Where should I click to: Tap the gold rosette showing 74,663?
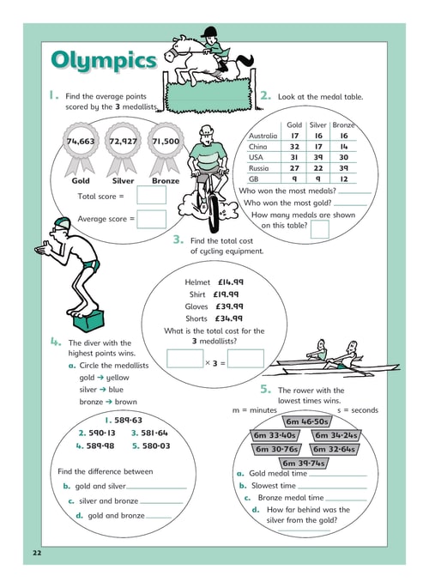(x=81, y=149)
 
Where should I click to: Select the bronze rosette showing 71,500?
(x=166, y=149)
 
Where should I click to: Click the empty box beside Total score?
(x=151, y=195)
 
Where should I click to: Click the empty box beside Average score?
(x=151, y=219)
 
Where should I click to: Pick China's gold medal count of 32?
(x=294, y=147)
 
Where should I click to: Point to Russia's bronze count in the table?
(x=343, y=168)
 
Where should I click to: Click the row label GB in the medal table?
(x=254, y=179)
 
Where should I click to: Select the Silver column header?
(x=318, y=124)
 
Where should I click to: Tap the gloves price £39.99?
(x=229, y=306)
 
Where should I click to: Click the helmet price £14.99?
(x=231, y=282)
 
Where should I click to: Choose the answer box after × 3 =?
(x=245, y=359)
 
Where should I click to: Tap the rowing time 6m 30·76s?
(x=276, y=449)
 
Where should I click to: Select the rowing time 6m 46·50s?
(x=307, y=421)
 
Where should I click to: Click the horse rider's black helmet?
(x=209, y=32)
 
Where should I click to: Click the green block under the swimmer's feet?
(x=88, y=321)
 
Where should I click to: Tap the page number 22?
(x=37, y=553)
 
